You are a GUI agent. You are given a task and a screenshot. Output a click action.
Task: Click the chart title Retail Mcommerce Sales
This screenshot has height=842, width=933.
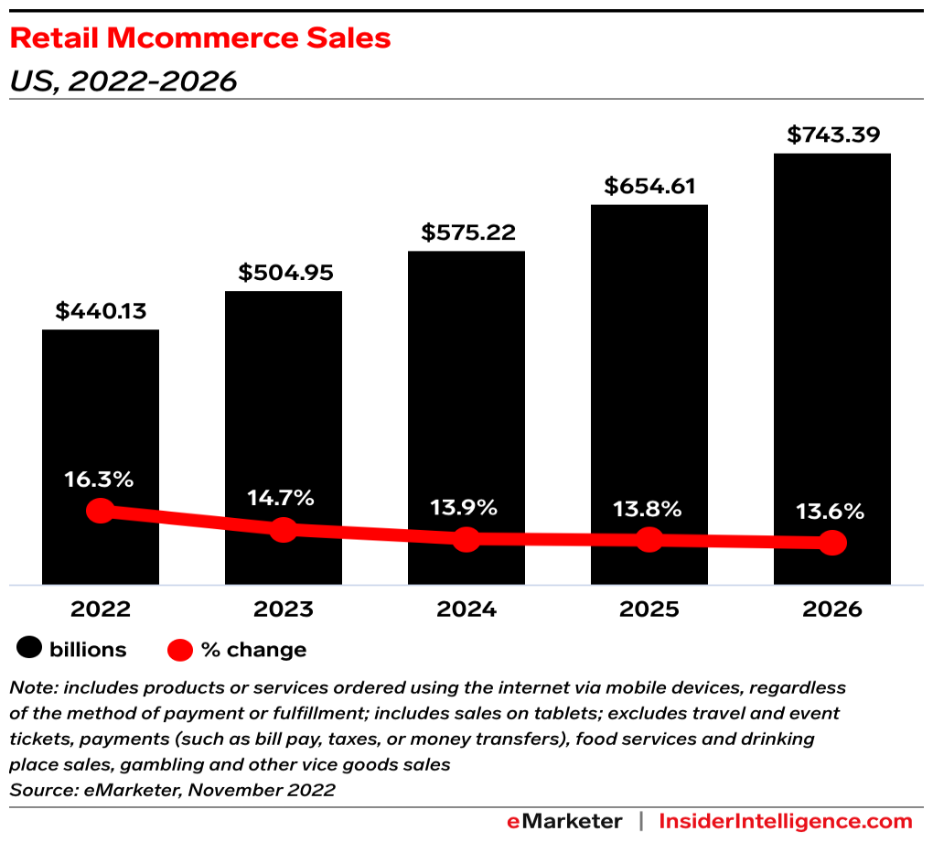(200, 38)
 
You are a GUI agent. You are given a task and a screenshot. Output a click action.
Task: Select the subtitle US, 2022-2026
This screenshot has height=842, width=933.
(123, 81)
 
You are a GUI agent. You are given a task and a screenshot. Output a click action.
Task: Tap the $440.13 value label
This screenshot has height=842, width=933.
(101, 311)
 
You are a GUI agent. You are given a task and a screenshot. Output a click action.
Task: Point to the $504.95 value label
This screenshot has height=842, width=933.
(284, 272)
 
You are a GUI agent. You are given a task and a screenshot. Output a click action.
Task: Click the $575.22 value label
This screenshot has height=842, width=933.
(466, 232)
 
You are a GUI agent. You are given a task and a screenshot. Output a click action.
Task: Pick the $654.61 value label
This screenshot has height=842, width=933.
(649, 186)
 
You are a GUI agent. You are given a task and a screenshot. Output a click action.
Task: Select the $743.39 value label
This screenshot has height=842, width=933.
(832, 135)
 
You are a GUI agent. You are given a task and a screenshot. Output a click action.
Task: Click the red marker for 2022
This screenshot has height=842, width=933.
(101, 511)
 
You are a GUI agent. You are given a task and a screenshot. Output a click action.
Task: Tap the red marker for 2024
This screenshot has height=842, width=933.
(466, 539)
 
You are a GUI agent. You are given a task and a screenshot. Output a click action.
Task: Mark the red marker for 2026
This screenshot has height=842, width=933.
(832, 543)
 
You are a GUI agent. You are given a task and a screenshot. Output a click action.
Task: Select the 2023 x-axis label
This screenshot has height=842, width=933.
(284, 610)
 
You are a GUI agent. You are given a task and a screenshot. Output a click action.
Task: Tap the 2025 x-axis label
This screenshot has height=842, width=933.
(649, 610)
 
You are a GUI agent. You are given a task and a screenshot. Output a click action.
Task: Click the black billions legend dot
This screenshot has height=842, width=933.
(29, 650)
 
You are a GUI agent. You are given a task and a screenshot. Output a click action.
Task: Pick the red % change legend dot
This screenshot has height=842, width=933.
(180, 650)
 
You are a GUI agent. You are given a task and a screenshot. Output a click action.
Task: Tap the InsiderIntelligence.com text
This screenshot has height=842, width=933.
(785, 821)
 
